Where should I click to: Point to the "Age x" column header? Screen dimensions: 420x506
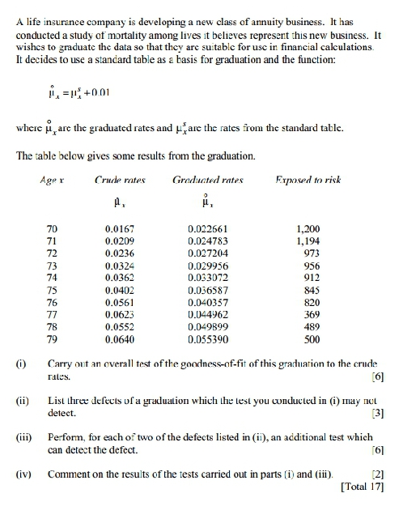(x=52, y=175)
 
